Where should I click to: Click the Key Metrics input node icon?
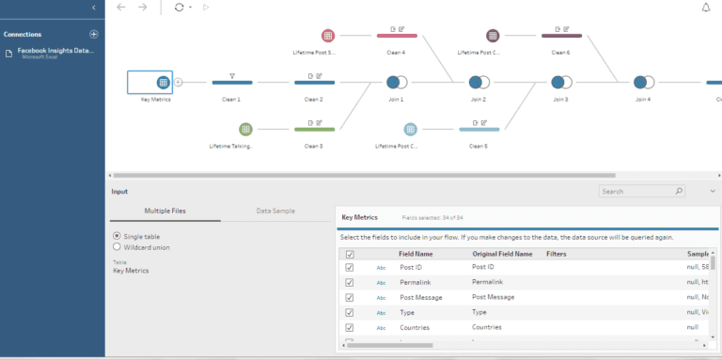click(163, 82)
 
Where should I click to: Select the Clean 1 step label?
click(231, 99)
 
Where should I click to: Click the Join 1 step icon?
click(396, 82)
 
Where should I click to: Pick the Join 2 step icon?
click(479, 82)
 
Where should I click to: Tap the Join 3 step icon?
click(560, 82)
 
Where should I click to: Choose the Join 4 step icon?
click(643, 82)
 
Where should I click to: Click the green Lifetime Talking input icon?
click(245, 129)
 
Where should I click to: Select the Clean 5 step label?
click(479, 146)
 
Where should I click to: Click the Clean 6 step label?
click(561, 53)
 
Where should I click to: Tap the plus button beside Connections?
click(93, 34)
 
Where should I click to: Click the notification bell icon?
click(706, 8)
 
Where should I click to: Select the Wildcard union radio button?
click(117, 247)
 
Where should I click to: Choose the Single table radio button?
click(117, 236)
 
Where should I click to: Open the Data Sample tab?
click(275, 211)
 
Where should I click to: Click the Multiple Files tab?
click(165, 211)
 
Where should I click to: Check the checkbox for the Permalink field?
click(350, 282)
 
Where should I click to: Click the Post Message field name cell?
click(421, 297)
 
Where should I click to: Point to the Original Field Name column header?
click(502, 254)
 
